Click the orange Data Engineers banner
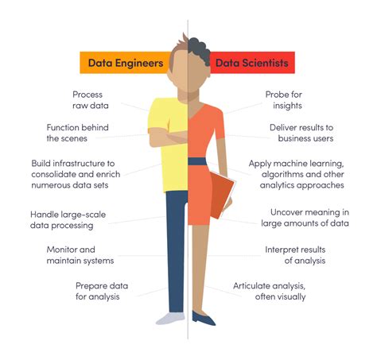(125, 63)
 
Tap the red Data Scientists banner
(252, 63)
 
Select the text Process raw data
(91, 100)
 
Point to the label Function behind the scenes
(77, 133)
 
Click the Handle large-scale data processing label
(68, 220)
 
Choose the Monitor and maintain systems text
(80, 255)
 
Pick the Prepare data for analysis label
(102, 291)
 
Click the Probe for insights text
(284, 100)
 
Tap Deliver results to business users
(301, 133)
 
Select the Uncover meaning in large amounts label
(305, 218)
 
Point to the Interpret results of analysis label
(295, 255)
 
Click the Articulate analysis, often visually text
(270, 291)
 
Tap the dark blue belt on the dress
(197, 161)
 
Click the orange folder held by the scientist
(221, 195)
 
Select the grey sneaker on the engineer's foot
(170, 319)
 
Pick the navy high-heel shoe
(203, 318)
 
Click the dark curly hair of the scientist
(200, 50)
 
